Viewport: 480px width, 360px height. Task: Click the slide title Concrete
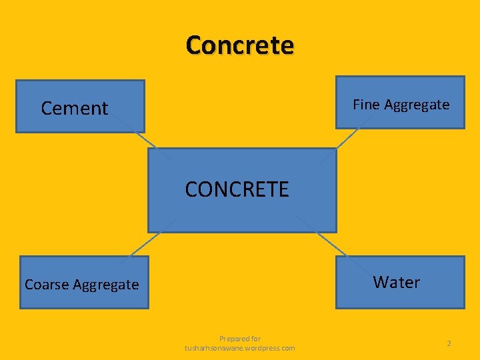pyautogui.click(x=240, y=45)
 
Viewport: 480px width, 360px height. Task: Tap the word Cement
pyautogui.click(x=74, y=108)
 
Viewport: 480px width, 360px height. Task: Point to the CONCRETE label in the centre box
pyautogui.click(x=237, y=189)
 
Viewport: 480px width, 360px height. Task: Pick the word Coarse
pyautogui.click(x=47, y=285)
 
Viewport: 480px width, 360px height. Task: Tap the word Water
pyautogui.click(x=397, y=282)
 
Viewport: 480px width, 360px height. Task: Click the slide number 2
pyautogui.click(x=449, y=343)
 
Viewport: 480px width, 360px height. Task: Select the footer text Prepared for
pyautogui.click(x=240, y=339)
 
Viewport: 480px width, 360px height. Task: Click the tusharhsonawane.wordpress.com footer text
pyautogui.click(x=240, y=348)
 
